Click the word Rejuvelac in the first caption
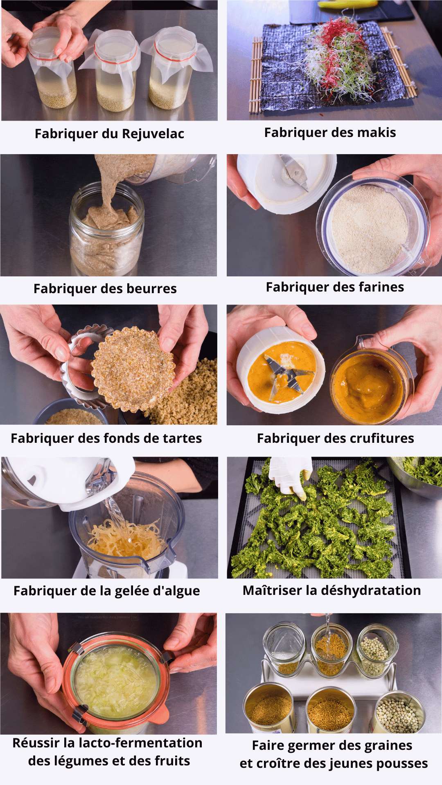pyautogui.click(x=153, y=134)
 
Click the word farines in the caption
pyautogui.click(x=381, y=287)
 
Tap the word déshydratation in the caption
pyautogui.click(x=371, y=590)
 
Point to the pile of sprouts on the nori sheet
pyautogui.click(x=340, y=57)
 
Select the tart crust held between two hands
pyautogui.click(x=133, y=368)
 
